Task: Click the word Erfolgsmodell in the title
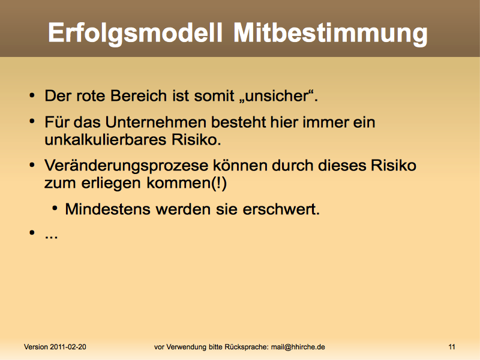[134, 33]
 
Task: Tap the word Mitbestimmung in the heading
[331, 33]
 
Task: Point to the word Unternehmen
[156, 122]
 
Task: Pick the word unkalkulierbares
[106, 140]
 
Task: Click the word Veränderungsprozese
[127, 166]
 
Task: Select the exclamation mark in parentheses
[219, 183]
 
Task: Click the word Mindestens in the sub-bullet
[107, 209]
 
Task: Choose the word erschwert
[281, 209]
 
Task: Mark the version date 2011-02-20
[68, 347]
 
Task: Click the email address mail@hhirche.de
[298, 347]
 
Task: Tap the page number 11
[452, 347]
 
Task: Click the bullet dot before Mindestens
[55, 209]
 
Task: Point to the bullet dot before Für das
[32, 122]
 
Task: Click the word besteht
[239, 122]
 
